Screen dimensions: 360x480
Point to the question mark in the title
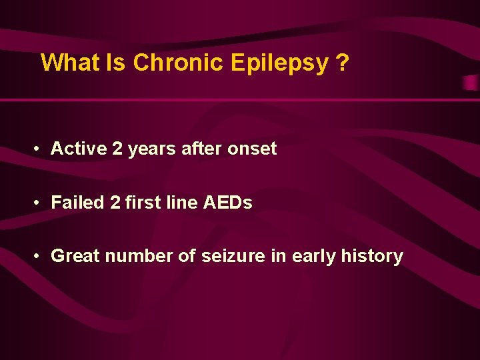pyautogui.click(x=343, y=63)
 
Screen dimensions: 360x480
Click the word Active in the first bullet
pyautogui.click(x=79, y=148)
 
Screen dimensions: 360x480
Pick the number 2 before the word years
pyautogui.click(x=117, y=148)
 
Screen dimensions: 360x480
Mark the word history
pyautogui.click(x=373, y=256)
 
